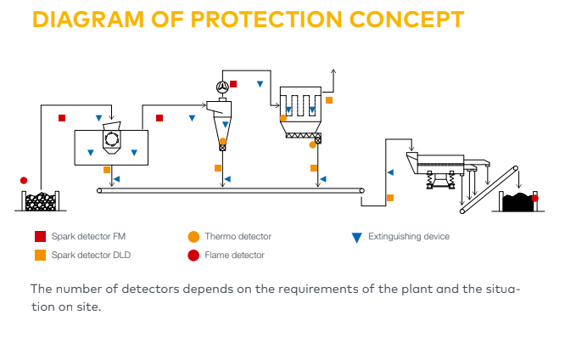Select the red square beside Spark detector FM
[40, 237]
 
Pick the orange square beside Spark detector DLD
[40, 255]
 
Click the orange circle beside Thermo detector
[193, 237]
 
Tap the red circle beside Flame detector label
[193, 255]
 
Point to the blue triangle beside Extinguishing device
[356, 237]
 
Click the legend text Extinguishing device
[409, 237]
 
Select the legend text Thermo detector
[238, 237]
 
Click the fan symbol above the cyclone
[221, 87]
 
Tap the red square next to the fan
[233, 84]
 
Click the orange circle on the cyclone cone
[223, 141]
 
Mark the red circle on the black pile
[534, 198]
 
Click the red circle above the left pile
[24, 180]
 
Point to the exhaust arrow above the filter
[333, 73]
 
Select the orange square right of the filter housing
[329, 100]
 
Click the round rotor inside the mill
[111, 138]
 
